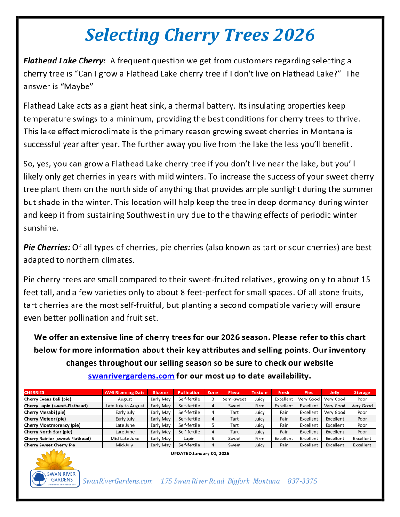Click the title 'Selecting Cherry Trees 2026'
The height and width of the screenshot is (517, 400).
tap(200, 35)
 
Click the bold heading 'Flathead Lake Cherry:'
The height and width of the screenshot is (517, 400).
tap(64, 61)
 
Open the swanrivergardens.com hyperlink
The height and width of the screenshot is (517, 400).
tap(131, 376)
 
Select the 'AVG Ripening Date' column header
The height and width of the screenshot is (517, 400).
tap(124, 392)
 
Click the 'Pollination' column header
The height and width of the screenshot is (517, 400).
tap(189, 392)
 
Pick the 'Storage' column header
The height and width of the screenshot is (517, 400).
tap(362, 392)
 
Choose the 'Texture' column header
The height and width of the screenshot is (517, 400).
tap(259, 392)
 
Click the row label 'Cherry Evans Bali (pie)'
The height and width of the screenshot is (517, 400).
tap(48, 399)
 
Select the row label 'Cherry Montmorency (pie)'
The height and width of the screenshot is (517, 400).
tap(52, 425)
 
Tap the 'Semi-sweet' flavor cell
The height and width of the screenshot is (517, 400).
tap(234, 399)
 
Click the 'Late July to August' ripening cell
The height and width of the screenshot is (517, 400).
tap(125, 406)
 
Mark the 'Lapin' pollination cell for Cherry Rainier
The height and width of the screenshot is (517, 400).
tap(189, 439)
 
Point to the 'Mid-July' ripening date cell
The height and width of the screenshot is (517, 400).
tap(125, 445)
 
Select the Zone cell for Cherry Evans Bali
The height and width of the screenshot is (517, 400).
tap(213, 399)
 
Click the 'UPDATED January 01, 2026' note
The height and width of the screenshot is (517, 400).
tap(200, 454)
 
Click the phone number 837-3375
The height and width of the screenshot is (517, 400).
tap(302, 481)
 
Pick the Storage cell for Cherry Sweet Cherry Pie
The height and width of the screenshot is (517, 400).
tap(362, 445)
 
